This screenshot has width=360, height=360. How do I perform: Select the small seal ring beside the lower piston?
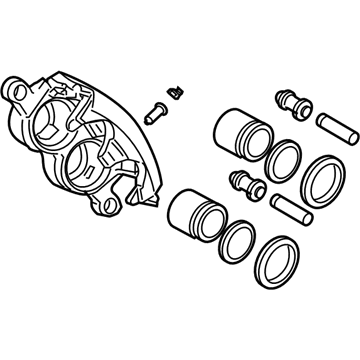(x=237, y=240)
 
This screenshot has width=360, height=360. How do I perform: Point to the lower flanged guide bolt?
(x=242, y=186)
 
